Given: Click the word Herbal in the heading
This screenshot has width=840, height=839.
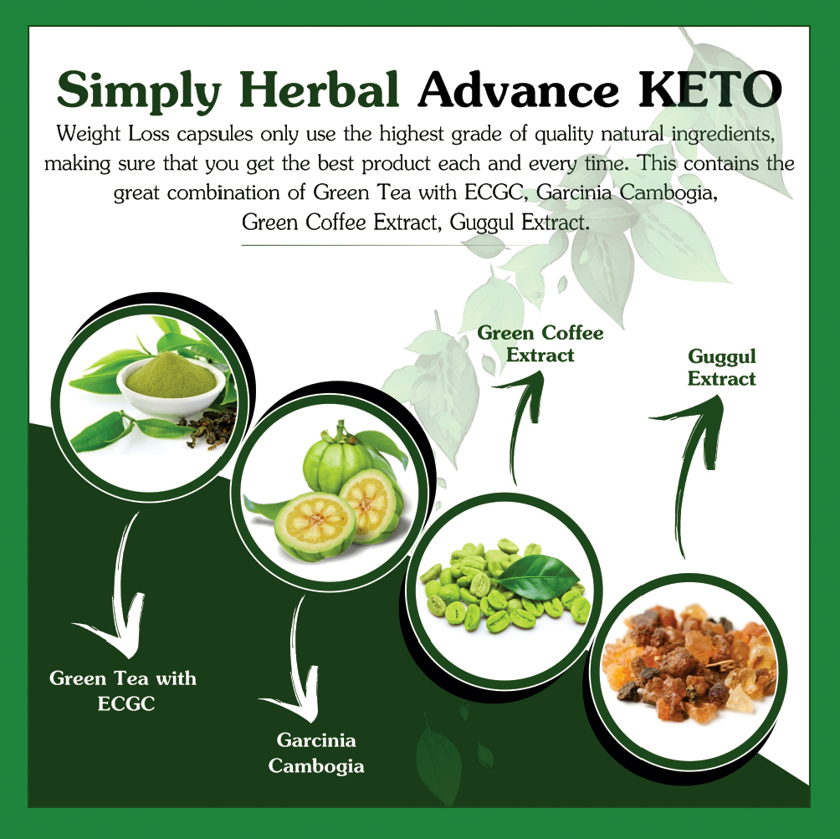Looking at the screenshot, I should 321,90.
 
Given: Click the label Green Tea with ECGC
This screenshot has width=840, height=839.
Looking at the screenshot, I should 123,690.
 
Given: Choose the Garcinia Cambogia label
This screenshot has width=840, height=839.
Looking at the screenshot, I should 316,753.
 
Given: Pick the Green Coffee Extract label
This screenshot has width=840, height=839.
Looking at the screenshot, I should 540,344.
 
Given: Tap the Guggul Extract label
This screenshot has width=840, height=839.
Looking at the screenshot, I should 721,368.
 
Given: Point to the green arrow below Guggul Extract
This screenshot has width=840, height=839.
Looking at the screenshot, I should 691,468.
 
